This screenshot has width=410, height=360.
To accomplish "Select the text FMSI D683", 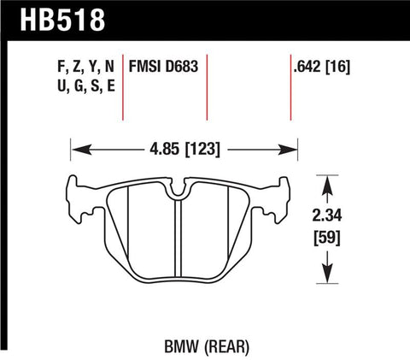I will coord(163,64).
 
